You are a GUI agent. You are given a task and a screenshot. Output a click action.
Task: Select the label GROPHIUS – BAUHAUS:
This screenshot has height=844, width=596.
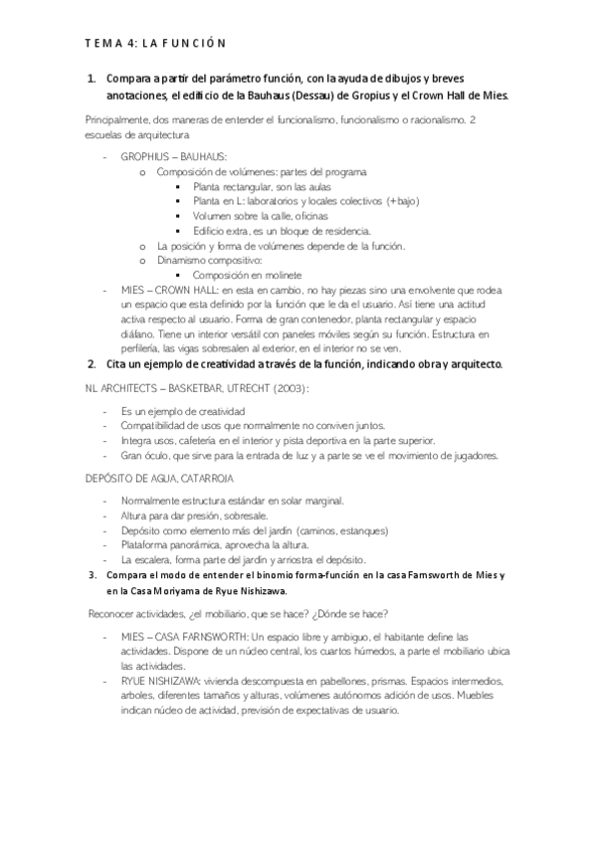pyautogui.click(x=174, y=156)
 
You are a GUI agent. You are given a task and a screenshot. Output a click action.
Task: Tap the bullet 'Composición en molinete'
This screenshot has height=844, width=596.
pyautogui.click(x=247, y=275)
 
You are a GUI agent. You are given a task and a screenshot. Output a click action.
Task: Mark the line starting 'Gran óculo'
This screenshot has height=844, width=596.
pyautogui.click(x=308, y=456)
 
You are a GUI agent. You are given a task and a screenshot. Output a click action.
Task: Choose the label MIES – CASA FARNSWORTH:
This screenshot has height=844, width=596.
pyautogui.click(x=185, y=635)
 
